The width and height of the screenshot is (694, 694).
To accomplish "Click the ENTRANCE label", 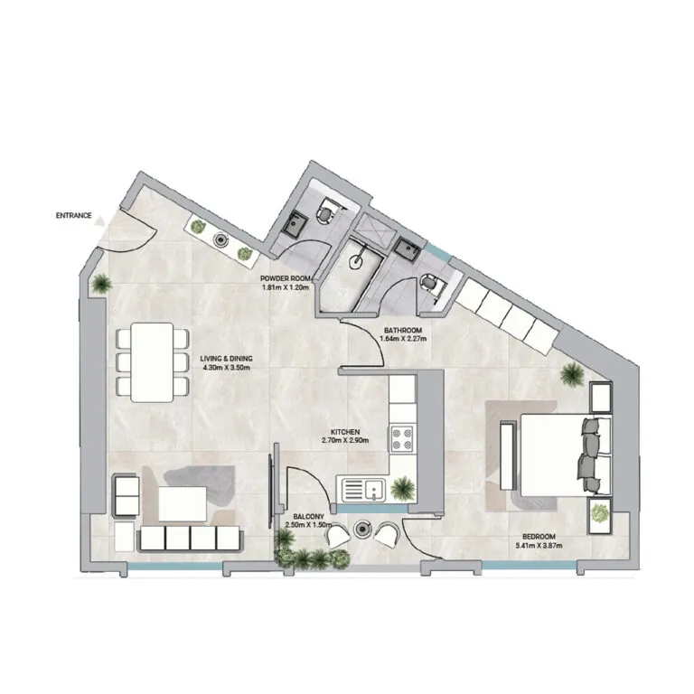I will pos(73,216).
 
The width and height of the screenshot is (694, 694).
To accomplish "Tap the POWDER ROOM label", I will pos(285,279).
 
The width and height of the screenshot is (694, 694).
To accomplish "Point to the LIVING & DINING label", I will pos(226,360).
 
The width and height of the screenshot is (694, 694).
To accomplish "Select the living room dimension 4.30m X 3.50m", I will pos(226,370).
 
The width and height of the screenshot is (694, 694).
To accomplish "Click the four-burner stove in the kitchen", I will pos(402,439).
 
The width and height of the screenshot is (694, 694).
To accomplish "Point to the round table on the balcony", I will pos(365,530).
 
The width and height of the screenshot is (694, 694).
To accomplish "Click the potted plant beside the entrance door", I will pos(101,284).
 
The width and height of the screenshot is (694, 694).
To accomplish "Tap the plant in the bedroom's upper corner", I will pos(571,371).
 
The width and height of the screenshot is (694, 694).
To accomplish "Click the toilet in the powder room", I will pos(326,213).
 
